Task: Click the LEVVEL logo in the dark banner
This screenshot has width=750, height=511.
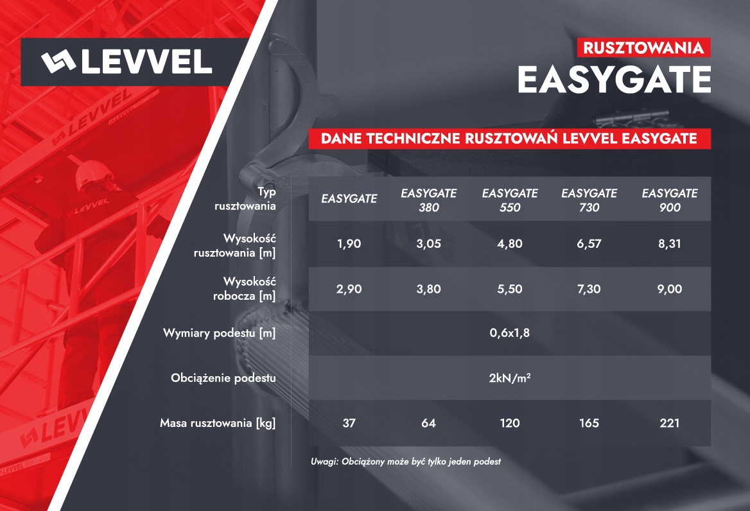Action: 126,62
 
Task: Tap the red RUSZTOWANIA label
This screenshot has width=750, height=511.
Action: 644,48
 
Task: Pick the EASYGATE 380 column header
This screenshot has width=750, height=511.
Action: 428,200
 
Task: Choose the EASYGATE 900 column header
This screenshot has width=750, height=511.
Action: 669,200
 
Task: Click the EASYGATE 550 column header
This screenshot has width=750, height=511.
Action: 509,200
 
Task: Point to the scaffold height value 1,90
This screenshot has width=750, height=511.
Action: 349,245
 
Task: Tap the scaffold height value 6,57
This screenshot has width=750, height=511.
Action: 589,245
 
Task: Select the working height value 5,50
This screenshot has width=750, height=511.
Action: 509,290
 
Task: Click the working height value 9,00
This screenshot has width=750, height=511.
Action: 669,290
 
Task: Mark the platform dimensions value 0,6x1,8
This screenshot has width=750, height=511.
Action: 509,333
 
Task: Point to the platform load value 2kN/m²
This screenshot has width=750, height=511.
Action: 509,378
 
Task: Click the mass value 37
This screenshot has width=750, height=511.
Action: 349,423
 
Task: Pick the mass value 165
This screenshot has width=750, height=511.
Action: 589,423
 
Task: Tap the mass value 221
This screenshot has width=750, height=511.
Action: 669,423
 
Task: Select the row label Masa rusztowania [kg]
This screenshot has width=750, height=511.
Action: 218,423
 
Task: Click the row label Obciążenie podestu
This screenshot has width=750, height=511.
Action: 223,378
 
